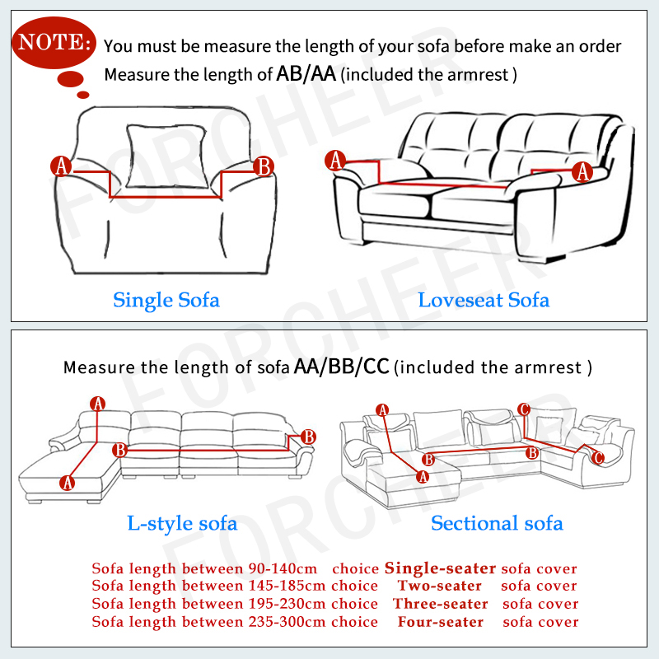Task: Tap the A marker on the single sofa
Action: tap(62, 166)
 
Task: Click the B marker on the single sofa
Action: tap(264, 166)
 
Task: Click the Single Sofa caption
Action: tap(166, 299)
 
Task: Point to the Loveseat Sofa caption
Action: tap(484, 299)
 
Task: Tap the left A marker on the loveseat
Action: tap(334, 161)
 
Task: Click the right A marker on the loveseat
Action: tap(582, 171)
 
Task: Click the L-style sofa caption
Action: tap(182, 523)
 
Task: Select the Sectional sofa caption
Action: tap(497, 523)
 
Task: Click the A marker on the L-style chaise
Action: tap(68, 482)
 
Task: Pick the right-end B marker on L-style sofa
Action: tap(308, 437)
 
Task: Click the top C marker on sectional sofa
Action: tap(524, 409)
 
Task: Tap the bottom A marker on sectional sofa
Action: tap(423, 476)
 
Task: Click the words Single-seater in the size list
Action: tap(440, 568)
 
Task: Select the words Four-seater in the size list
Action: tap(440, 621)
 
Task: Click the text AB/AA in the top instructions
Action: tap(307, 74)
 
